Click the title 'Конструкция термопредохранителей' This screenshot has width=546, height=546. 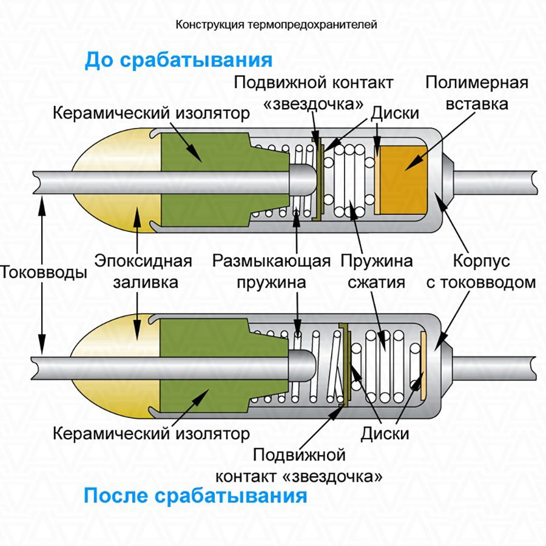pyautogui.click(x=276, y=25)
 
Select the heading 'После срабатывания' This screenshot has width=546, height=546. pyautogui.click(x=195, y=496)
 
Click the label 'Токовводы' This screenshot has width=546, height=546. pyautogui.click(x=43, y=272)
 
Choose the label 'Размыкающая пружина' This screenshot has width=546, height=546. pyautogui.click(x=271, y=272)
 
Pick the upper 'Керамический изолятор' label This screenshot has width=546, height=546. pyautogui.click(x=151, y=113)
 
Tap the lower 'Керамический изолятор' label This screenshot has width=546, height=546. pyautogui.click(x=151, y=434)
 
